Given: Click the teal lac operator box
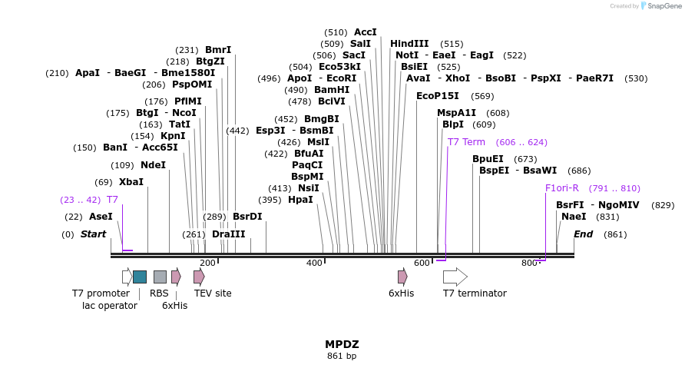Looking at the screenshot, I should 139,277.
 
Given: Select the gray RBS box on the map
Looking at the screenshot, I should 160,277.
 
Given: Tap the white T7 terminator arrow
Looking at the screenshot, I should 455,277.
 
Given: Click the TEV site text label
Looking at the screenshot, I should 213,293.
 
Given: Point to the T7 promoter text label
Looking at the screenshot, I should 101,293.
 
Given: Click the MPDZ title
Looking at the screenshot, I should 342,344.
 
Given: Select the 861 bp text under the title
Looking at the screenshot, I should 342,356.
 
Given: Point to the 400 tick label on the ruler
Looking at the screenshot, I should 314,264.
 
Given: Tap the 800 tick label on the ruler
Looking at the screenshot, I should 529,264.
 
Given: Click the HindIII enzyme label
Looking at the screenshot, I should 409,44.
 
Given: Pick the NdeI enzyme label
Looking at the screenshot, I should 153,165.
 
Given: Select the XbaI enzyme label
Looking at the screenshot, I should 131,182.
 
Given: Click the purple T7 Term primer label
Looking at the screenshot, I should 466,142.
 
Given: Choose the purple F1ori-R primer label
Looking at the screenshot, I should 561,188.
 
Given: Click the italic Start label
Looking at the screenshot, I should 93,234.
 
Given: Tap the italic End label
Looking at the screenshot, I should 583,234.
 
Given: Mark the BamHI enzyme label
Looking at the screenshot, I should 332,90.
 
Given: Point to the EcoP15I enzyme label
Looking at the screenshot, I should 437,96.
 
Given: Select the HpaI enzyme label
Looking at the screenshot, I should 300,200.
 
